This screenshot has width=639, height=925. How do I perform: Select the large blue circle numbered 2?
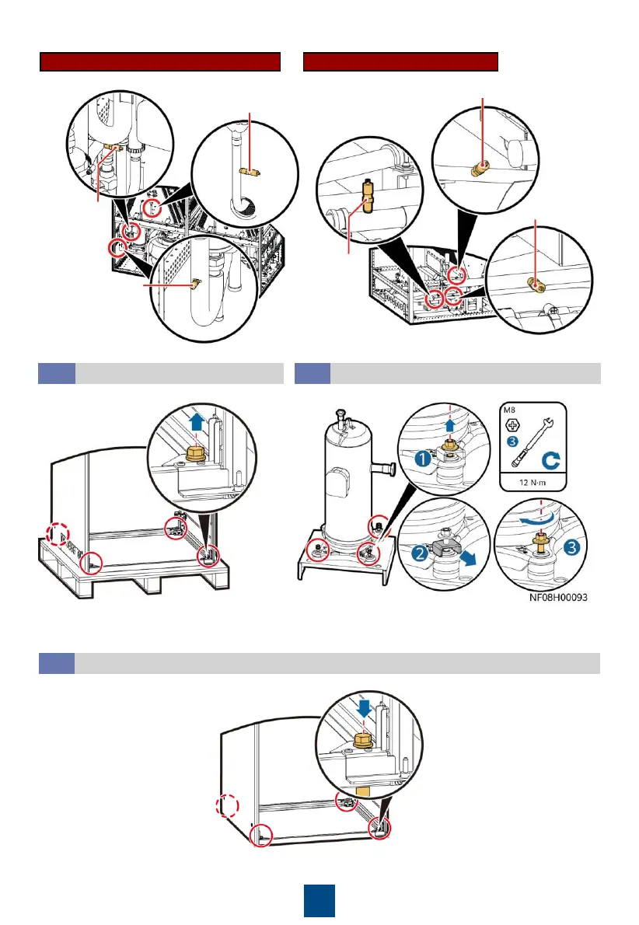[419, 557]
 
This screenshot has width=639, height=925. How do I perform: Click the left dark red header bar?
[160, 62]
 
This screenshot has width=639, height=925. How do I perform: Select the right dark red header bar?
[400, 62]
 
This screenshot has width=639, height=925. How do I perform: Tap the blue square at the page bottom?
[319, 899]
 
